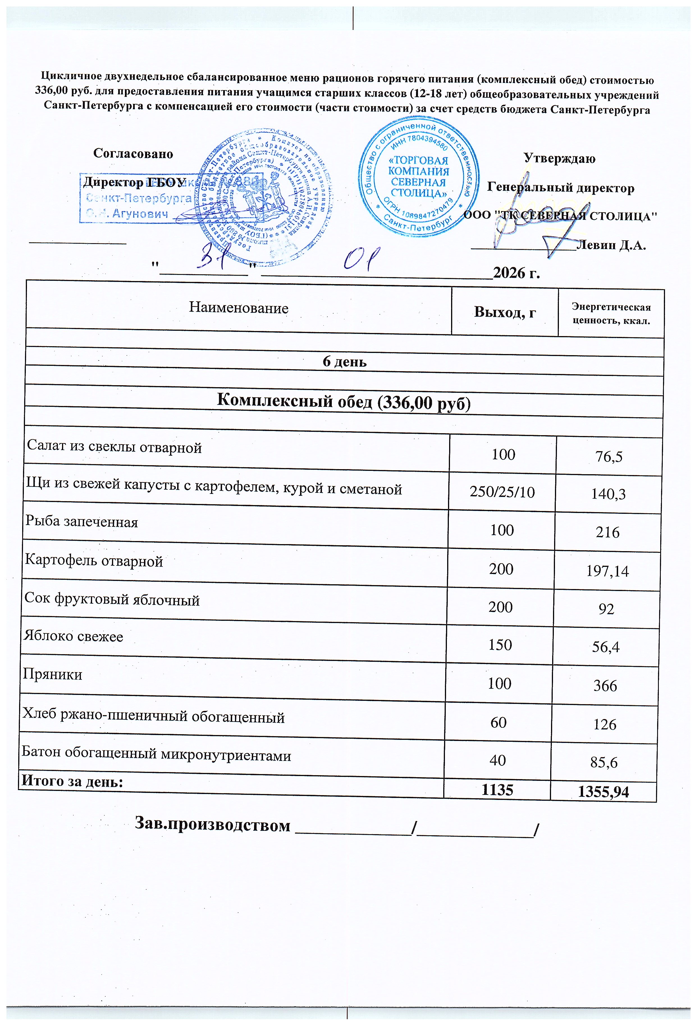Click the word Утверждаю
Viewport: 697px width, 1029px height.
click(x=559, y=159)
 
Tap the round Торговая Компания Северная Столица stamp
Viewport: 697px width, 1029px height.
click(x=419, y=177)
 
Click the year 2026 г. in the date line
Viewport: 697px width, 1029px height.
click(x=516, y=273)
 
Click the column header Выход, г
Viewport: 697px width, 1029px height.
click(x=505, y=312)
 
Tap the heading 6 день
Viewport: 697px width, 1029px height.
click(x=344, y=362)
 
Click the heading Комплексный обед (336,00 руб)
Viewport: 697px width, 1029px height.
click(x=344, y=401)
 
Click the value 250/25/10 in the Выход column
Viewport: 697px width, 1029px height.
click(x=502, y=492)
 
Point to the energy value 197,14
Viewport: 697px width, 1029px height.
click(x=607, y=571)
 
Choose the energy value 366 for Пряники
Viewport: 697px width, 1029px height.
click(x=605, y=686)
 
